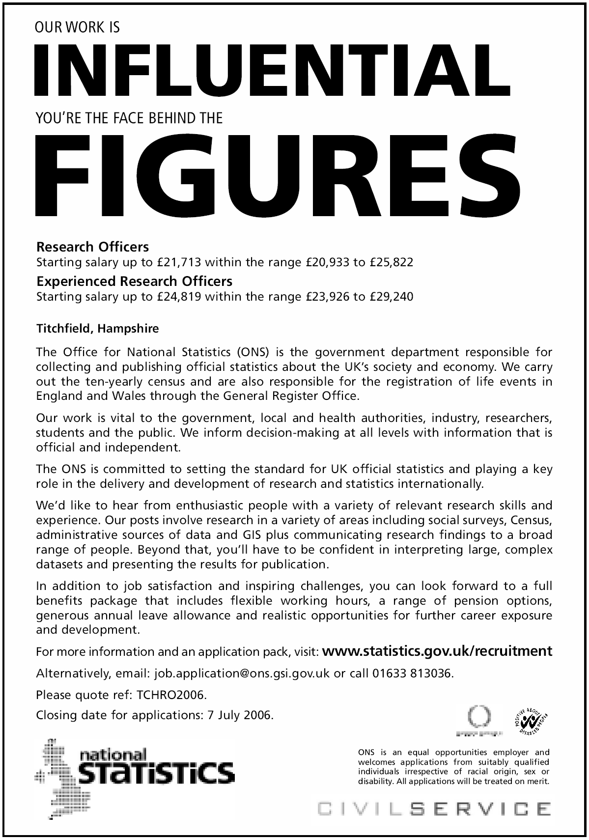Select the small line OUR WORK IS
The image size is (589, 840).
pos(78,28)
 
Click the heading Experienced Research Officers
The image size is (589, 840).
pos(135,281)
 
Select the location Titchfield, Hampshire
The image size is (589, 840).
pos(97,329)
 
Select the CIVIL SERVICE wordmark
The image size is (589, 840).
pos(434,809)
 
